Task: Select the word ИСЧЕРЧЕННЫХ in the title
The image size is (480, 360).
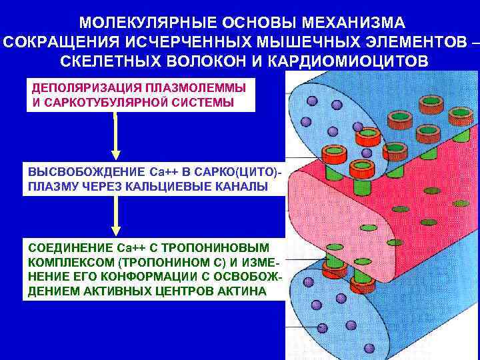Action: tap(177, 43)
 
